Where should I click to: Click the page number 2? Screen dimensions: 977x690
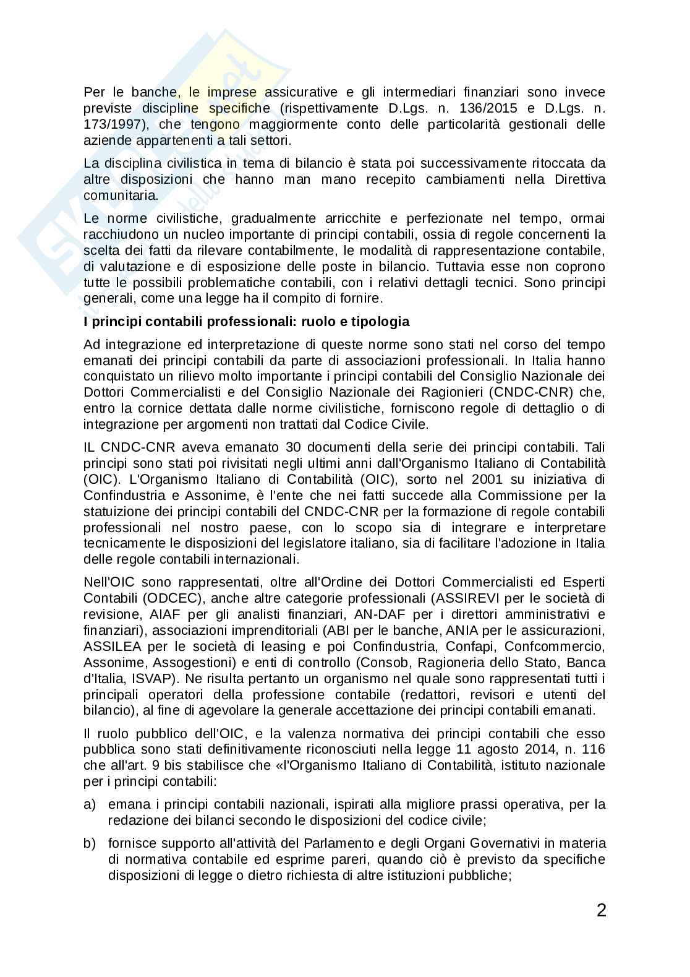(x=600, y=911)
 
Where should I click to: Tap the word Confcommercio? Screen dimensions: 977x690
(x=566, y=647)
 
